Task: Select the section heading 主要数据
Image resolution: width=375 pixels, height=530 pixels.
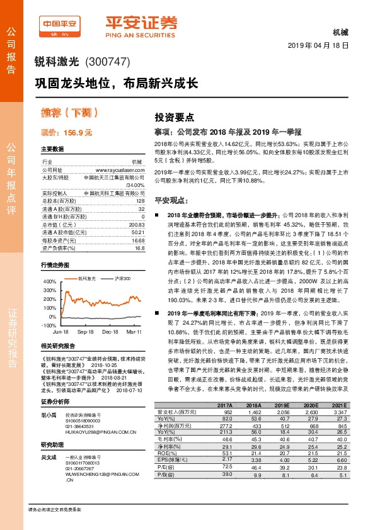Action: point(52,149)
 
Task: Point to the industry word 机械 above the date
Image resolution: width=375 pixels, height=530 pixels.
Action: point(339,31)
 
